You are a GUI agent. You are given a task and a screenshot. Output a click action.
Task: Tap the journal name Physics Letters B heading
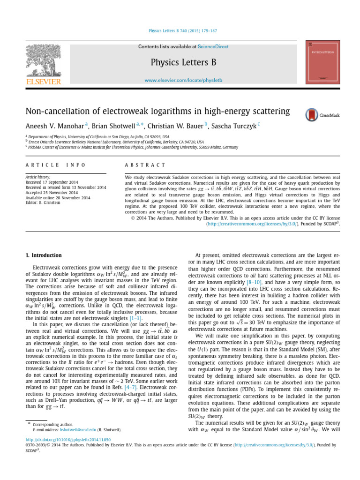pos(183,63)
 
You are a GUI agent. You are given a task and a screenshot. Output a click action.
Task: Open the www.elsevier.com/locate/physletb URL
pos(183,81)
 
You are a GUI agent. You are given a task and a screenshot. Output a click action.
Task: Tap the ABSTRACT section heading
pos(145,165)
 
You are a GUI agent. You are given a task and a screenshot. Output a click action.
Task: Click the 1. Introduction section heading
pos(43,255)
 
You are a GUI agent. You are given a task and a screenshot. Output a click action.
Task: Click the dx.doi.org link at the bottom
pos(68,440)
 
